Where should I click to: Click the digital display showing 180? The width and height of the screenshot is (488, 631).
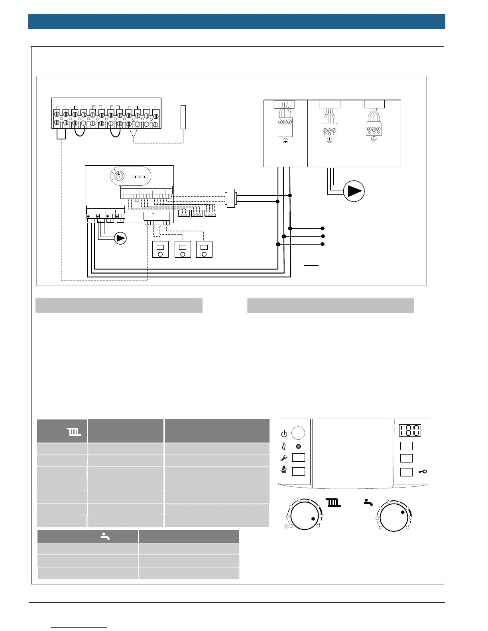[410, 431]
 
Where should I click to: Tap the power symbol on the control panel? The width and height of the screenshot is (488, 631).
[284, 433]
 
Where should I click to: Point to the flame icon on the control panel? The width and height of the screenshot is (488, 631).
[284, 446]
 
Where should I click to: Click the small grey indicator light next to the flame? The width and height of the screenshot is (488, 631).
[298, 447]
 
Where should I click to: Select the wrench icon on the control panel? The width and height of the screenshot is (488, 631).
[284, 458]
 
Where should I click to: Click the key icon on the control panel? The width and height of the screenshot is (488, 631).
[423, 472]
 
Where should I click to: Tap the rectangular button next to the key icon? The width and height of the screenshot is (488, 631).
[406, 472]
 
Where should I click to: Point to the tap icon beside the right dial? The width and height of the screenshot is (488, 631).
[368, 503]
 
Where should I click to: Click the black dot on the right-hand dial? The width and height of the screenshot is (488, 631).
[403, 512]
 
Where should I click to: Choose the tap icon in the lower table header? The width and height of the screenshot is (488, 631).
[105, 537]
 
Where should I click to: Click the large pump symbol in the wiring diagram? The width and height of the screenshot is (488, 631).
[354, 191]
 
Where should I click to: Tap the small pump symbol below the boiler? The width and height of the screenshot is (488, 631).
[120, 238]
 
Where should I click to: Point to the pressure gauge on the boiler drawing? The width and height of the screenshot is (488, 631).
[118, 176]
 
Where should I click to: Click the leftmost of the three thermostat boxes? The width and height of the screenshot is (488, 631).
[161, 250]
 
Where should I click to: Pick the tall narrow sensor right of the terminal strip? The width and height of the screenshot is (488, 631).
[183, 117]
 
